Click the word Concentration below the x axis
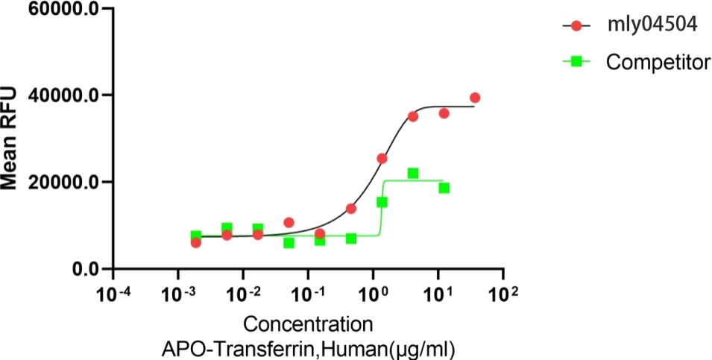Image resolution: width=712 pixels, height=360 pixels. [309, 325]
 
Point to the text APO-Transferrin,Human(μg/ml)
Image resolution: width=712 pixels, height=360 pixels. [309, 348]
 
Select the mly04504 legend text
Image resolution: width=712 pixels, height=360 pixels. [652, 25]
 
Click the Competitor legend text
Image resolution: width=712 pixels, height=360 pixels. [658, 62]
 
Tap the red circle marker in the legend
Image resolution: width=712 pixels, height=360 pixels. [576, 26]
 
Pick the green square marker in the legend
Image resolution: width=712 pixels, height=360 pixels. [576, 62]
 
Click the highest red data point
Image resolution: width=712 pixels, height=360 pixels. [475, 98]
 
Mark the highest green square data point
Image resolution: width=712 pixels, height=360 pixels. [413, 173]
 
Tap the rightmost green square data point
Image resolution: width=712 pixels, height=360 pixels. [444, 188]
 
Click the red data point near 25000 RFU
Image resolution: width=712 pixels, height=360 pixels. [382, 158]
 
